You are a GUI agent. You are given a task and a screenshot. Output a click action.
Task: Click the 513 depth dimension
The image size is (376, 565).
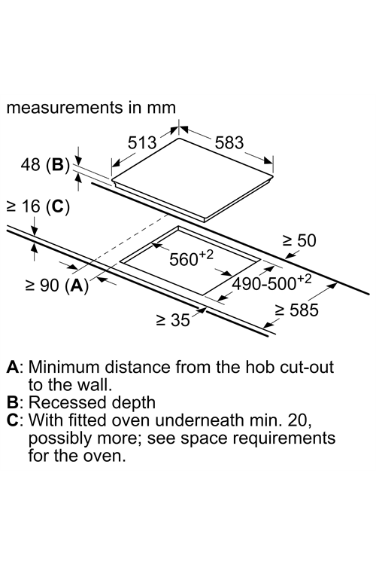pyautogui.click(x=142, y=142)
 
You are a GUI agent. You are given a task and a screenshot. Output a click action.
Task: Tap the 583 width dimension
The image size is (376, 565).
pyautogui.click(x=229, y=142)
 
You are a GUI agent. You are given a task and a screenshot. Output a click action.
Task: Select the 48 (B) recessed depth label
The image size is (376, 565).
pyautogui.click(x=45, y=165)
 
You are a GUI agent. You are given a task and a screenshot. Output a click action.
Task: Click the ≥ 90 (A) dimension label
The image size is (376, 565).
pyautogui.click(x=57, y=286)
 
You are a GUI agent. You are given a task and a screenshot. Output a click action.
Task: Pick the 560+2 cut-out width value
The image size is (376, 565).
pyautogui.click(x=191, y=258)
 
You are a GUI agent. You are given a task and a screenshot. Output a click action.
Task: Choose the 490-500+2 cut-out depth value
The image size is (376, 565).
pyautogui.click(x=271, y=282)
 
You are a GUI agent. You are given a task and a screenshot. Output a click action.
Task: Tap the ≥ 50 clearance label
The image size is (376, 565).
pyautogui.click(x=299, y=240)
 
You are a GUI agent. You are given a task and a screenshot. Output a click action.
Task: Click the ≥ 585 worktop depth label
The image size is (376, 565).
pyautogui.click(x=297, y=310)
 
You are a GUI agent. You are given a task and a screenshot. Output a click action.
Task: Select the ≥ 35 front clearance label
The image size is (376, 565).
pyautogui.click(x=173, y=319)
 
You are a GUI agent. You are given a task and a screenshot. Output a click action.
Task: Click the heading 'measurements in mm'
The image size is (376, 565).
pyautogui.click(x=91, y=108)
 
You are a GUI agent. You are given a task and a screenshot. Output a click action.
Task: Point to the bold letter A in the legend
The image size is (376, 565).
pyautogui.click(x=13, y=367)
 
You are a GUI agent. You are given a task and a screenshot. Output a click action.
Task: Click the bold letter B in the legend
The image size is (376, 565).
pyautogui.click(x=13, y=402)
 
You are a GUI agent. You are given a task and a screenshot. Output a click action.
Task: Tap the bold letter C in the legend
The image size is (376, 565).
pyautogui.click(x=13, y=420)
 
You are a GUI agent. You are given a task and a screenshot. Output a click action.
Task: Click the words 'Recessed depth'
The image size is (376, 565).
pyautogui.click(x=92, y=403)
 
